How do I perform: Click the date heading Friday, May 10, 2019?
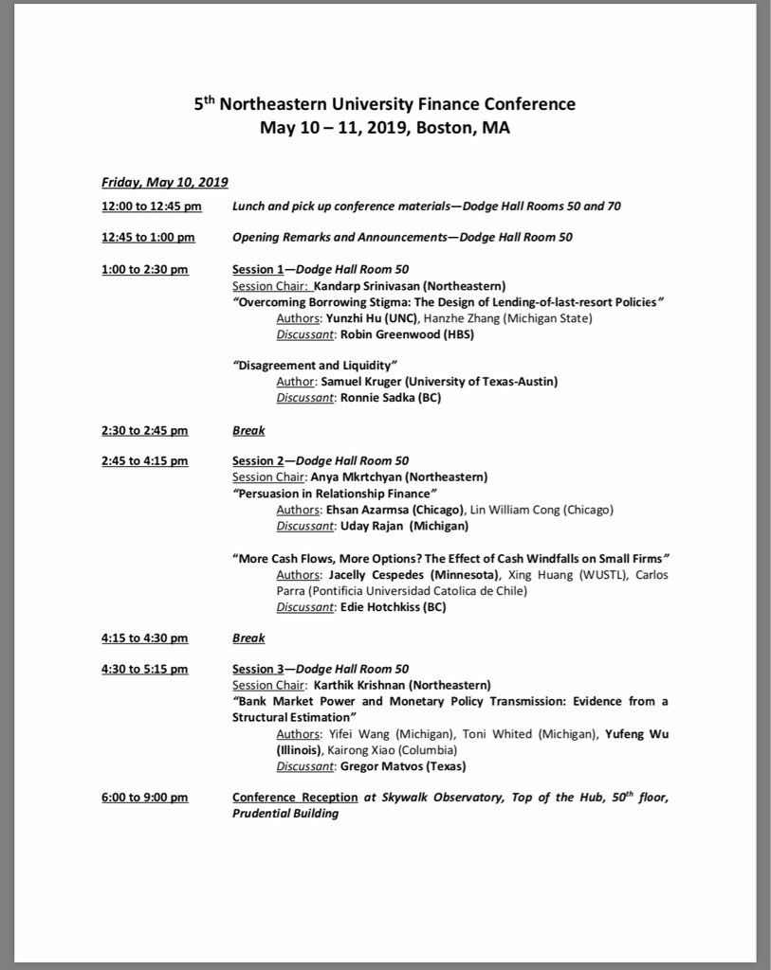click(165, 182)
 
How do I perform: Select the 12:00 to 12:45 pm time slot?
click(152, 206)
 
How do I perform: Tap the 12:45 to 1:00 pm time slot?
click(148, 237)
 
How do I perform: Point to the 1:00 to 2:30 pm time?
click(144, 269)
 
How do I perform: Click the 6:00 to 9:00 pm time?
click(144, 798)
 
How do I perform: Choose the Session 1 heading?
click(261, 269)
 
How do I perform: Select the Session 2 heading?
click(261, 461)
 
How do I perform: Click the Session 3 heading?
click(261, 669)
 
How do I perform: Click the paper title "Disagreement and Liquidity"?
click(314, 365)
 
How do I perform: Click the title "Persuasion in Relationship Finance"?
click(334, 494)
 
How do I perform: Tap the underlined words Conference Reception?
click(295, 798)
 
